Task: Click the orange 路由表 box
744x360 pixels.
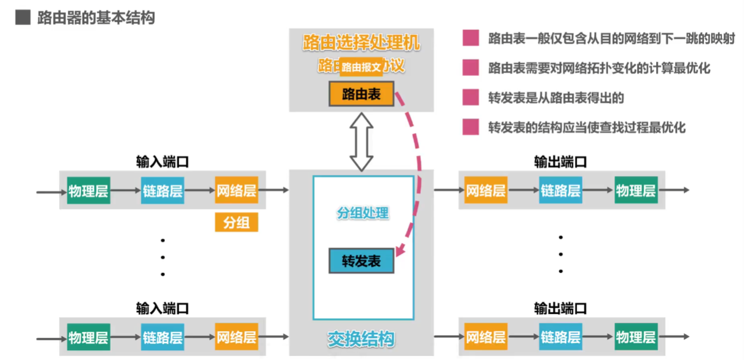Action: (x=361, y=94)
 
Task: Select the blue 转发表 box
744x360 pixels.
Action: (x=361, y=261)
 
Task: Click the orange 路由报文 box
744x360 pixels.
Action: (x=361, y=67)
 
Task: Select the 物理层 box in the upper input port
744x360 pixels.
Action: (x=88, y=190)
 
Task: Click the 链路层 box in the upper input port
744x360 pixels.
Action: (x=162, y=190)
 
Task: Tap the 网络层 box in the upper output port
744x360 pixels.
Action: (x=485, y=190)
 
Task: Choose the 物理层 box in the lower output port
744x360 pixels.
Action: (x=635, y=337)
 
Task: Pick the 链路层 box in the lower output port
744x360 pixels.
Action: (x=560, y=337)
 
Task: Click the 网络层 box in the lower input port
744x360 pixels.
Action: (x=236, y=337)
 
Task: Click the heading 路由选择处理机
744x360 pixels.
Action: (x=361, y=42)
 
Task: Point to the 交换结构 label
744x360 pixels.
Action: (x=361, y=339)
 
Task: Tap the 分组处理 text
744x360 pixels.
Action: (x=363, y=213)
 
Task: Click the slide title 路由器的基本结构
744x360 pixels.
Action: (x=96, y=18)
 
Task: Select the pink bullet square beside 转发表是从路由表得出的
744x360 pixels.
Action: (x=471, y=97)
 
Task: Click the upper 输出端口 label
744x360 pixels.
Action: (x=560, y=162)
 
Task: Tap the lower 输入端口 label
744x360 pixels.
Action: (x=162, y=308)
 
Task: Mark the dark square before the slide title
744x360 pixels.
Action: (x=22, y=18)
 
